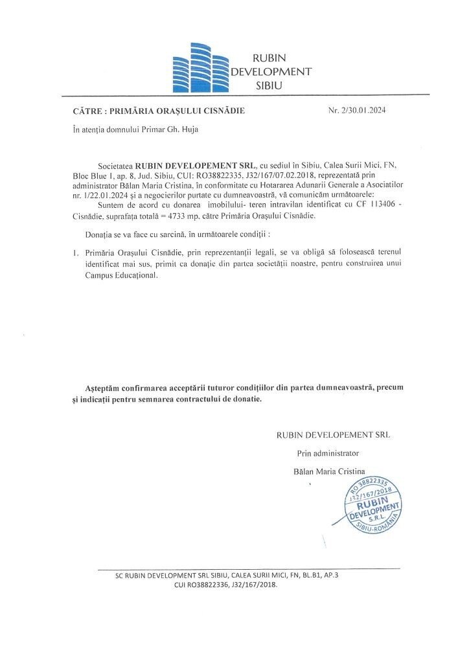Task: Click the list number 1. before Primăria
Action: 76,251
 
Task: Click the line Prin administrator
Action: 328,453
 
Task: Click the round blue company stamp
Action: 372,509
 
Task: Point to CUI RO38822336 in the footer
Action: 205,585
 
